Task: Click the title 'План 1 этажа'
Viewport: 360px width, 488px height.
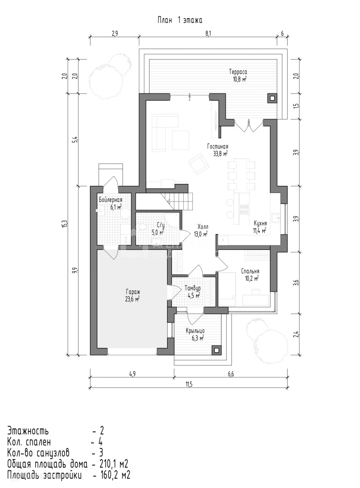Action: pos(180,20)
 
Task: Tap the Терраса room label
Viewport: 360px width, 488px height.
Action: pos(239,72)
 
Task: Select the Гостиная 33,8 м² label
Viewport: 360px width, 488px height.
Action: pos(218,150)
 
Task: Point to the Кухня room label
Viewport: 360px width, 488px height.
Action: pos(260,223)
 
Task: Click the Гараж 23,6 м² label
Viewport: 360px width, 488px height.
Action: pos(133,295)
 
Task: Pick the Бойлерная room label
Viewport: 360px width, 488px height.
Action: pos(110,200)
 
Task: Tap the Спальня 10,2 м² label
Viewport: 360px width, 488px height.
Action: pos(250,275)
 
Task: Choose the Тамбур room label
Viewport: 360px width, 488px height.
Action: pos(192,288)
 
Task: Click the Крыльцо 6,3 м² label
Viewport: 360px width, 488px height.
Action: pos(195,334)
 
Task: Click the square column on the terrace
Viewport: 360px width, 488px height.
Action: pos(272,98)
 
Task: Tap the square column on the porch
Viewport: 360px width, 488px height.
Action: pos(217,350)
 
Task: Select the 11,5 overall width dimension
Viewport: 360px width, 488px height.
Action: pos(189,385)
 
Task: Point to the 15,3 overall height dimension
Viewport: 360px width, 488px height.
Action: pos(65,224)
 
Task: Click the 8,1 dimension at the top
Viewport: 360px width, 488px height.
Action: pos(208,34)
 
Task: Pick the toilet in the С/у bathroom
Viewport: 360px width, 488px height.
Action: pos(142,227)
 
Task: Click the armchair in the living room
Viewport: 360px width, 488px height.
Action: pos(198,164)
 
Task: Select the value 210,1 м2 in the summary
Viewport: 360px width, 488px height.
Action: pos(114,464)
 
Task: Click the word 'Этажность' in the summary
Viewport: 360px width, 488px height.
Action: pos(28,431)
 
